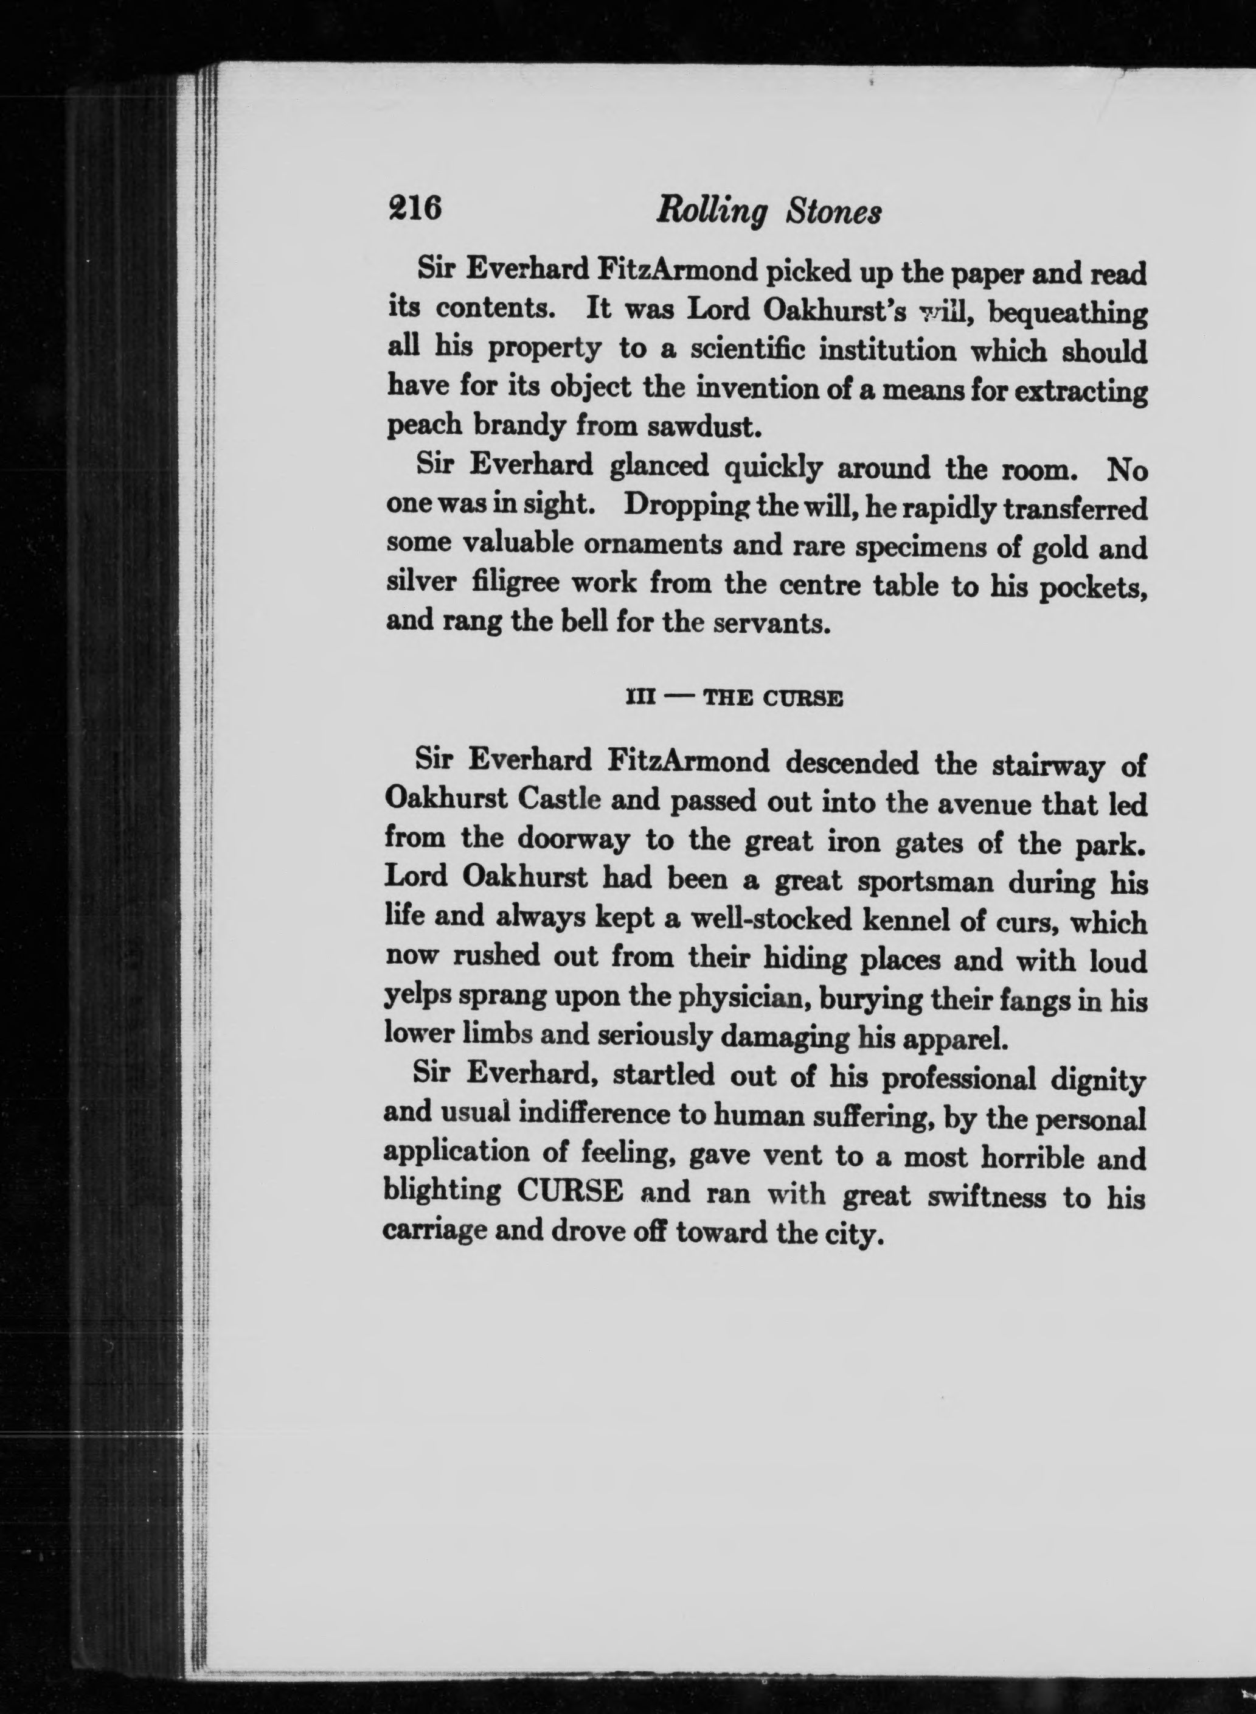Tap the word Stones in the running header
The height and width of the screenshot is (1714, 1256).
(834, 212)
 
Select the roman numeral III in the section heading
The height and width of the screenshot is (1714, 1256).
(640, 698)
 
